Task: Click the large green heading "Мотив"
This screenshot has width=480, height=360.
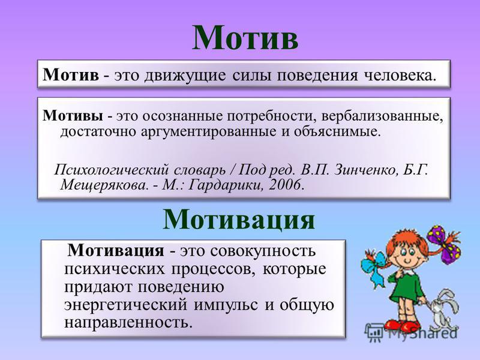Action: point(245,38)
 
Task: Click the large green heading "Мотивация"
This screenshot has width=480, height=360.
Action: point(239,219)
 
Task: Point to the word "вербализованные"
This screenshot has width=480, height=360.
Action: point(382,116)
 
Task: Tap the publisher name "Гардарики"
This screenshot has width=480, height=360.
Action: point(225,185)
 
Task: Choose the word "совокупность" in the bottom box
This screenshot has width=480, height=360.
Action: point(263,251)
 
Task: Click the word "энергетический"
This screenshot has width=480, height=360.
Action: point(125,305)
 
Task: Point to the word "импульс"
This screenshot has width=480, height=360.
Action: point(226,305)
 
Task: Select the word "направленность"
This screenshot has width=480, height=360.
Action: point(128,323)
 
